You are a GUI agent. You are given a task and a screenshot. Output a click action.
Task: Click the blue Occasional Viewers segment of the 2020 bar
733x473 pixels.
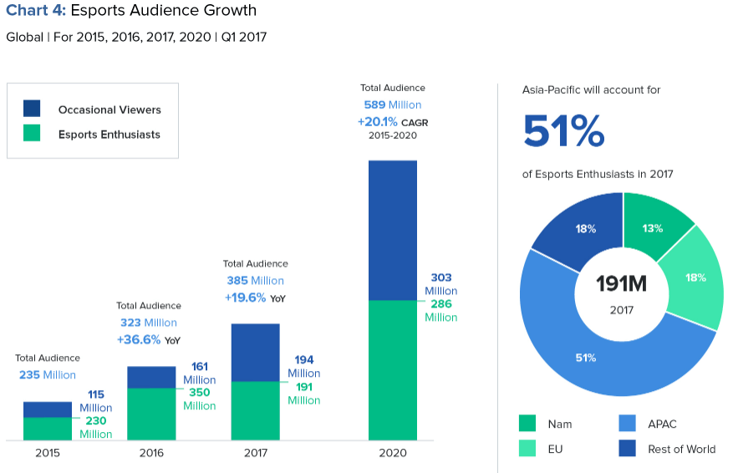coord(392,230)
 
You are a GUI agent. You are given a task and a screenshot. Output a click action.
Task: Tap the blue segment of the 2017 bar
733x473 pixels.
coord(255,352)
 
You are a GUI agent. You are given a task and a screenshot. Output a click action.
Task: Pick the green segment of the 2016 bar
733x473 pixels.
coord(151,414)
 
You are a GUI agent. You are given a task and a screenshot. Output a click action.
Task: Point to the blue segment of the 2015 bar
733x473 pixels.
coord(47,409)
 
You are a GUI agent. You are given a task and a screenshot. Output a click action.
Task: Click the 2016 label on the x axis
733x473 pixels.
coord(151,453)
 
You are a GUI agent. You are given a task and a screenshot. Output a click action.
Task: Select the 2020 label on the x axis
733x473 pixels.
coord(392,453)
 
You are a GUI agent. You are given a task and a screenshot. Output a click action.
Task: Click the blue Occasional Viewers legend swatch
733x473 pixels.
coord(32,109)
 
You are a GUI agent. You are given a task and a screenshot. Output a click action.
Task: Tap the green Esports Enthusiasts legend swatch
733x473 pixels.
coord(32,134)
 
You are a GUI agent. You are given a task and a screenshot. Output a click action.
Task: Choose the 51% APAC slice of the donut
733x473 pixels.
coord(585,359)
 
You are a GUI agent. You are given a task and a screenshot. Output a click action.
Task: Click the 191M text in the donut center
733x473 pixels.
coord(621,284)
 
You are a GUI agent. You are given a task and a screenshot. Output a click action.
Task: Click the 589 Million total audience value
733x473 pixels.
coord(392,105)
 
